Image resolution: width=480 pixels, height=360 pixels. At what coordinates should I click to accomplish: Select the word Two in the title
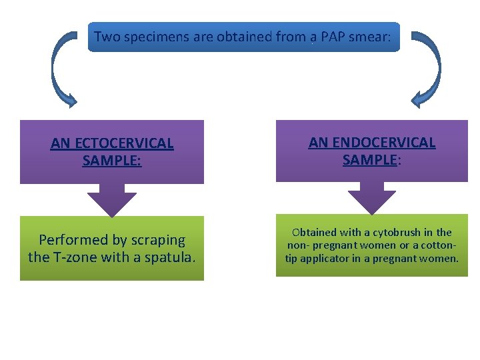107,37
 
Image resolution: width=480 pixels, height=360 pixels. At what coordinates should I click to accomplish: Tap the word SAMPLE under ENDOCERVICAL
369,160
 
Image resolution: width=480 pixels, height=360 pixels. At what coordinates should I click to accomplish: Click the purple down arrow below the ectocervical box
112,201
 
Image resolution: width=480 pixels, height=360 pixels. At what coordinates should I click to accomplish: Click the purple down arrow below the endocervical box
371,199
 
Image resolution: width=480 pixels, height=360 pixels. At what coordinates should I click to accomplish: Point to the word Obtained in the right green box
314,233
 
